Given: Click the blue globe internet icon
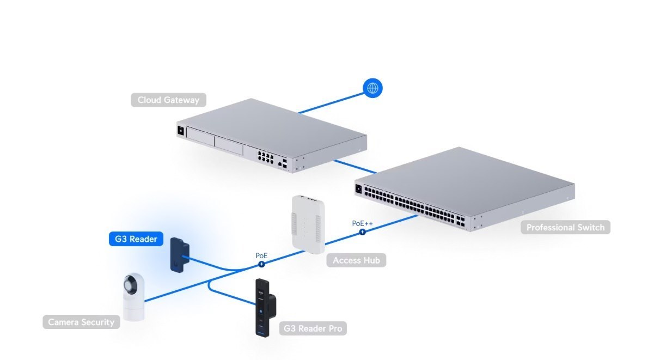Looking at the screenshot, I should [373, 88].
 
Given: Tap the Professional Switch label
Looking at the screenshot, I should [565, 227].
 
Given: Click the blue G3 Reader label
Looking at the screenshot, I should [136, 239].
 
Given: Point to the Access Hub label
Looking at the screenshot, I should [356, 260].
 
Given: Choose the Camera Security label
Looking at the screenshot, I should [81, 322].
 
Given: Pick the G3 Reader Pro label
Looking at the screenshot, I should [314, 328].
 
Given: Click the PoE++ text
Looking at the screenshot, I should [362, 223].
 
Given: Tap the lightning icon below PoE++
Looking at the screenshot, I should [362, 232].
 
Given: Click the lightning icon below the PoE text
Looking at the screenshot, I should [261, 264].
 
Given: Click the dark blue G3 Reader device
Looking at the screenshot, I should [178, 254].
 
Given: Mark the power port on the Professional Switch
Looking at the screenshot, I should [359, 189].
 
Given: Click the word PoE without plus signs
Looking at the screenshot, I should [261, 255].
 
